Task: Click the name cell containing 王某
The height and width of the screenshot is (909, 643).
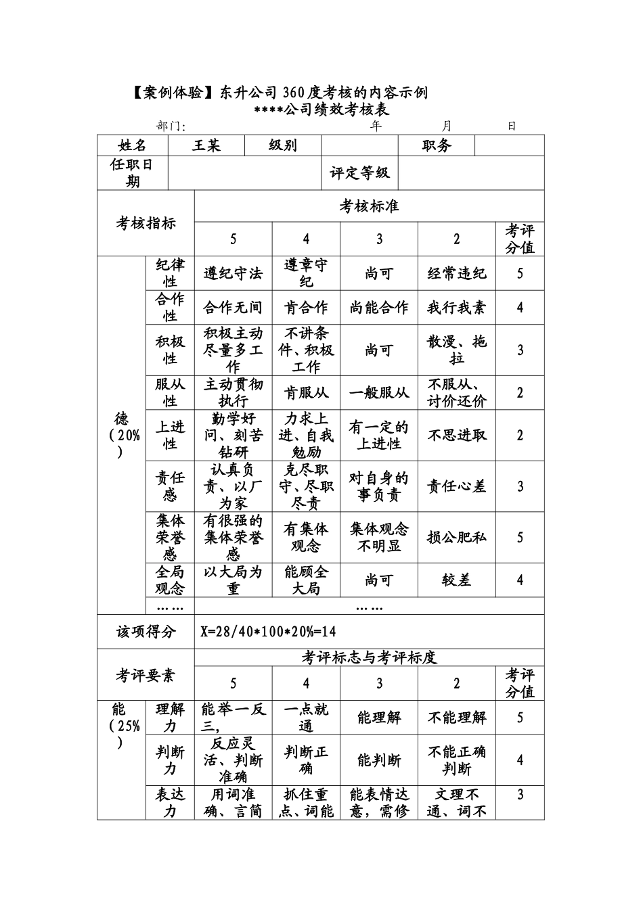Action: (x=206, y=145)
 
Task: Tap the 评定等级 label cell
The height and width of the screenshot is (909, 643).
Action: (x=359, y=173)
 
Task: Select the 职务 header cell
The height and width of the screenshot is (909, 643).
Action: (x=437, y=145)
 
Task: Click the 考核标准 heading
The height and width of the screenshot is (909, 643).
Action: (x=369, y=206)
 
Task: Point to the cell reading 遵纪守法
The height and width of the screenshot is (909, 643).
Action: (x=233, y=273)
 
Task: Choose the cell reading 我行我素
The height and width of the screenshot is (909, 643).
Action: (x=456, y=308)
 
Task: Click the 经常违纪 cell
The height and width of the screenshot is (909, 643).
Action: (x=456, y=273)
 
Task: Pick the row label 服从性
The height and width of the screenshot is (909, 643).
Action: (x=170, y=392)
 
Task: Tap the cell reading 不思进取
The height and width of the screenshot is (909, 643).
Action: (x=456, y=435)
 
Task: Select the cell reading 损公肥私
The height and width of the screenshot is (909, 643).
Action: (x=456, y=537)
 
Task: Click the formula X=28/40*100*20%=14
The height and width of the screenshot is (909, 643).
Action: (x=268, y=632)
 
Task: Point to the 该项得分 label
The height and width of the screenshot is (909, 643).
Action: (x=146, y=632)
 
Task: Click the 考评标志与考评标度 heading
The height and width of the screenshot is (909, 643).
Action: (x=369, y=657)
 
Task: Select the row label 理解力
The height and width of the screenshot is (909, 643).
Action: (x=170, y=717)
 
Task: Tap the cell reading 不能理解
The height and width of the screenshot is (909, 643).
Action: (x=456, y=717)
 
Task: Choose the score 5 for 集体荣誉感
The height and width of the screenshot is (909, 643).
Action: (x=520, y=537)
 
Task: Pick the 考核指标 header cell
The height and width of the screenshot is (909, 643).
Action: (x=146, y=223)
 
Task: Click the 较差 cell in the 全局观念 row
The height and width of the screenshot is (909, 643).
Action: (x=456, y=580)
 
